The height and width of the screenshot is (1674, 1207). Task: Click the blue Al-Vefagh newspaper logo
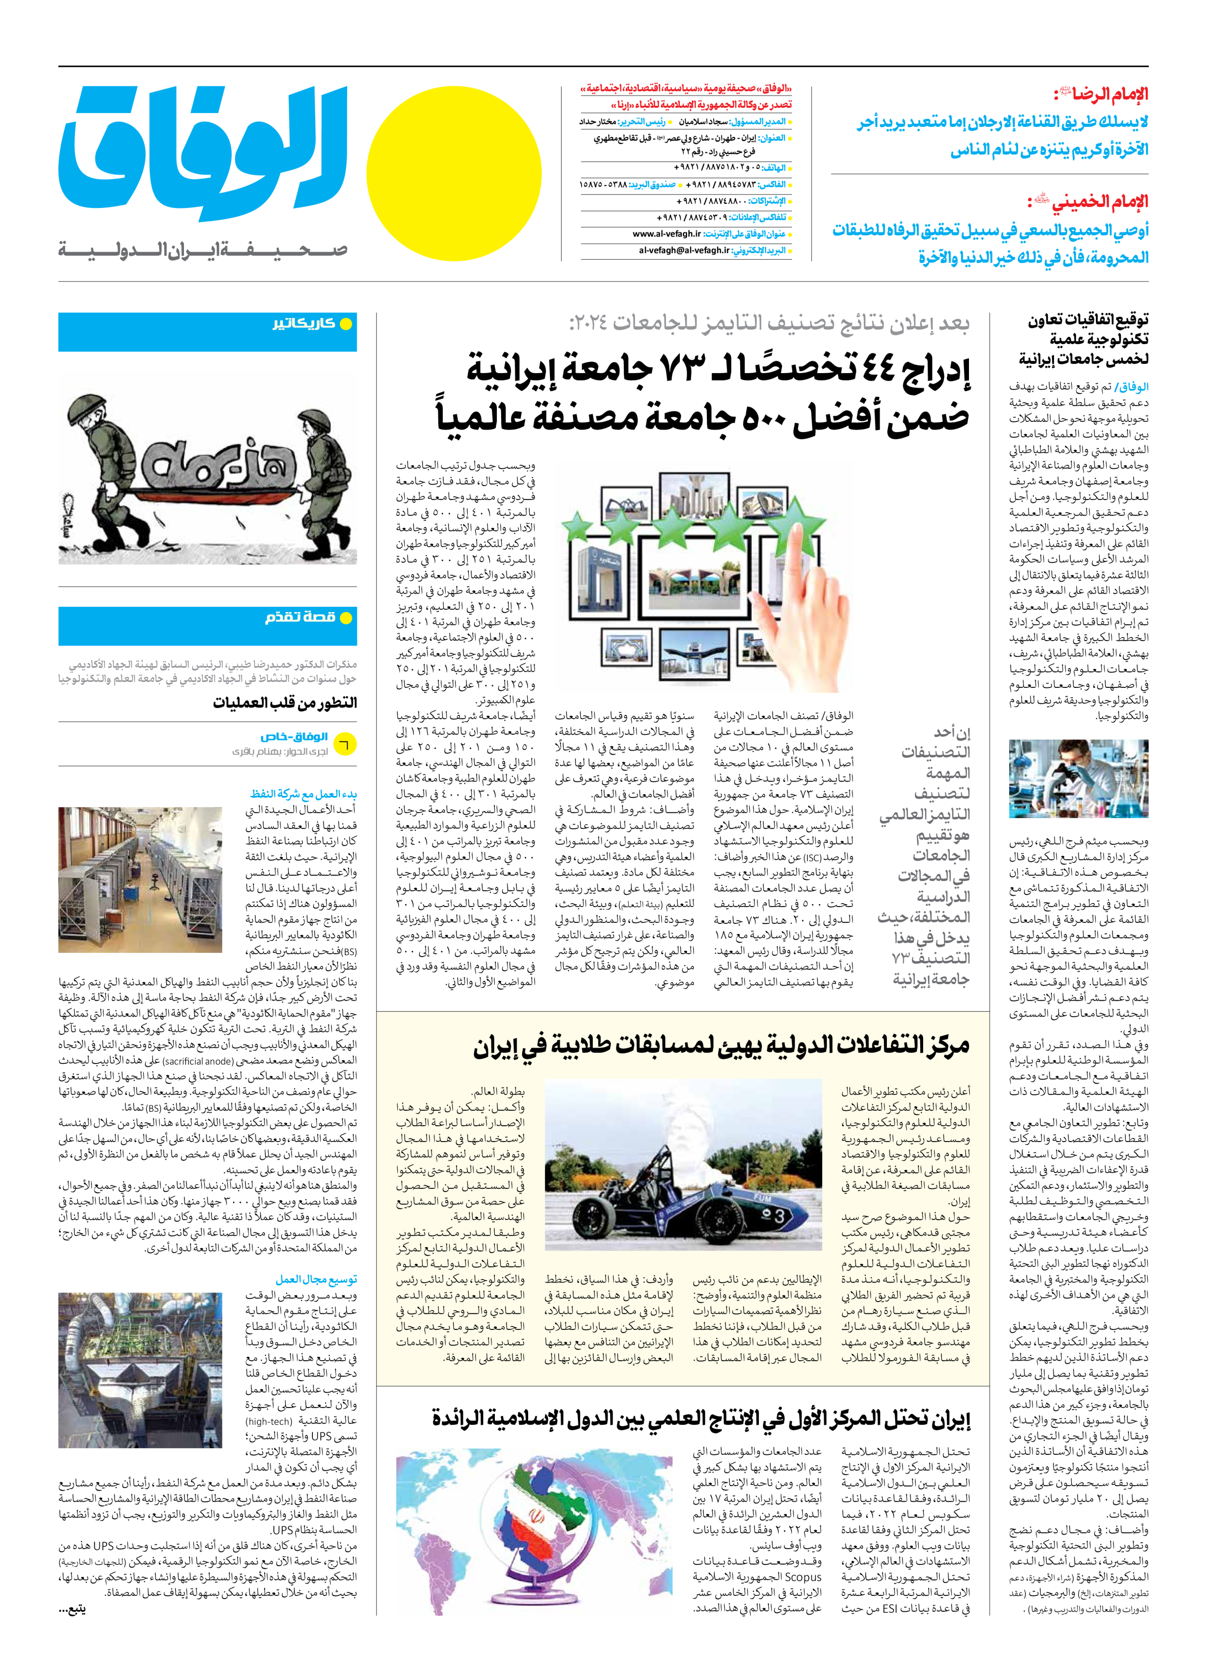[203, 155]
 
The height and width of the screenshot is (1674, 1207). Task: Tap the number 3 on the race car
[779, 1215]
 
